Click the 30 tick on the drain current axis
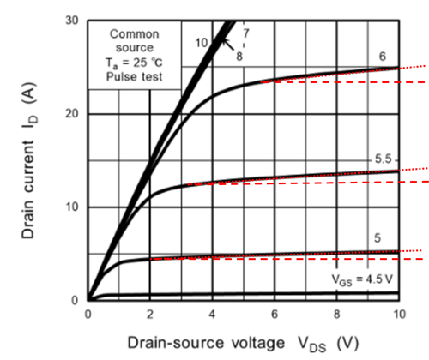[74, 19]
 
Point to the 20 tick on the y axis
[74, 113]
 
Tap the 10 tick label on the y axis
[74, 207]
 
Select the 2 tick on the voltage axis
[149, 315]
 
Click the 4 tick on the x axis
[212, 315]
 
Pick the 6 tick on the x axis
[274, 315]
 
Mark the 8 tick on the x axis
[336, 315]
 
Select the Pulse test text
[133, 76]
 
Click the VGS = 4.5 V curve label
[361, 279]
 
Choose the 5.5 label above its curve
[383, 160]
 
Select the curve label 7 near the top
[245, 33]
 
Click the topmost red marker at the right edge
[420, 65]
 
